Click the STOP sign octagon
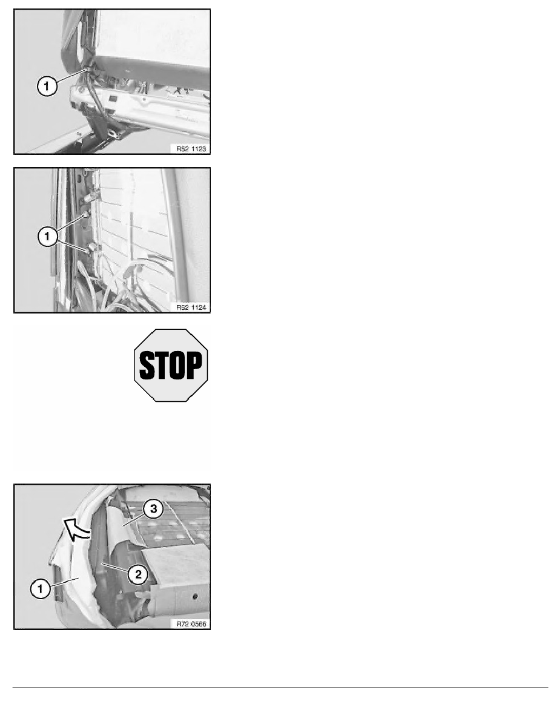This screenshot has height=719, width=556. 171,366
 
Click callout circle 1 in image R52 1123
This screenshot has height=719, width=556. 47,86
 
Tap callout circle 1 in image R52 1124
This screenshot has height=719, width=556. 47,237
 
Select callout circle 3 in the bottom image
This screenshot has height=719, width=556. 153,509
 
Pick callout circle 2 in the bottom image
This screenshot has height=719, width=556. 138,574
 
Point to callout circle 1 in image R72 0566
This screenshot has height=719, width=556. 41,588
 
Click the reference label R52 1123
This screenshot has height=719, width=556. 191,148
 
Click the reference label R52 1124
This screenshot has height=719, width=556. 191,307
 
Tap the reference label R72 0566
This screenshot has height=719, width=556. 191,623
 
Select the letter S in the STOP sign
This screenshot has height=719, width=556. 147,366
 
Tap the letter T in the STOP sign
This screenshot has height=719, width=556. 162,366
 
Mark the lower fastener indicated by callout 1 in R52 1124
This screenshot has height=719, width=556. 90,249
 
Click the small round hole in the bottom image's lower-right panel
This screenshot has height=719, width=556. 195,597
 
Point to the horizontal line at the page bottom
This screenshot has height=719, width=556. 280,688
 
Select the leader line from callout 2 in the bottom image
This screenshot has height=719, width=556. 116,568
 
